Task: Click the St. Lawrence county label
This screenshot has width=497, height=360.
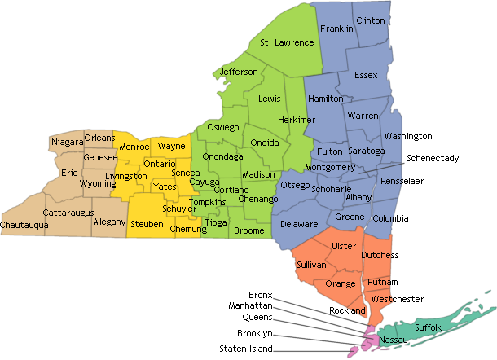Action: coord(287,42)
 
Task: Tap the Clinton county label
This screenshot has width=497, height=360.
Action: coord(371,20)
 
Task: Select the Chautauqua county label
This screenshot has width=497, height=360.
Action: coord(23,224)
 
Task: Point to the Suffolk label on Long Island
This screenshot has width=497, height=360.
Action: coord(428,327)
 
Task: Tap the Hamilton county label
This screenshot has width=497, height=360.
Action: coord(326,99)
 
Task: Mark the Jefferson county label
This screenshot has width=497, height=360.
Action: coord(239,72)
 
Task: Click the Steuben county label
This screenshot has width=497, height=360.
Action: coord(147,223)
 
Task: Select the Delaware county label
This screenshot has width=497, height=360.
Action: coord(299,224)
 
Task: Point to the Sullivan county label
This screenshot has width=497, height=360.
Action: coord(310,266)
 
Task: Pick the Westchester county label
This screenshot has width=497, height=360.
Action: coord(397,299)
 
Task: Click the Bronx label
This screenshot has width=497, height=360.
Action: coord(261,294)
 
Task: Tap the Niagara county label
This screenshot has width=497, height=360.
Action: coord(67,143)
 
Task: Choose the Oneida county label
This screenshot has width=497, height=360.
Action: coord(265,143)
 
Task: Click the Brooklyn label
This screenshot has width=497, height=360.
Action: coord(255,334)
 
